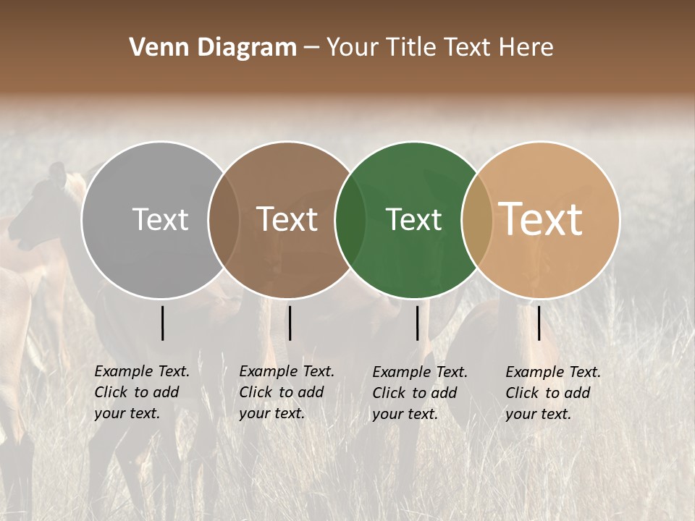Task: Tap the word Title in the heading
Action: (410, 48)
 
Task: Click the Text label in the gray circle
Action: (160, 219)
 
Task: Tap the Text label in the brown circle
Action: (287, 219)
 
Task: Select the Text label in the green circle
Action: (414, 219)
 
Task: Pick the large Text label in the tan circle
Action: (541, 219)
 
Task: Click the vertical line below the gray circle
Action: (163, 323)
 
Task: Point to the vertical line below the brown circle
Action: (290, 323)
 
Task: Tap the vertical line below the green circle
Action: (418, 323)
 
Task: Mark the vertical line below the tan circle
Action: (539, 323)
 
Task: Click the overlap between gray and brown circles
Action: (224, 219)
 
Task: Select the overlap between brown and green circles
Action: (350, 219)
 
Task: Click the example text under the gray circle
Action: (142, 392)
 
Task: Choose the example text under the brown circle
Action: (287, 392)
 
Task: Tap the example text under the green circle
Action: (420, 393)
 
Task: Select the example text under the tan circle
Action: (553, 393)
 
